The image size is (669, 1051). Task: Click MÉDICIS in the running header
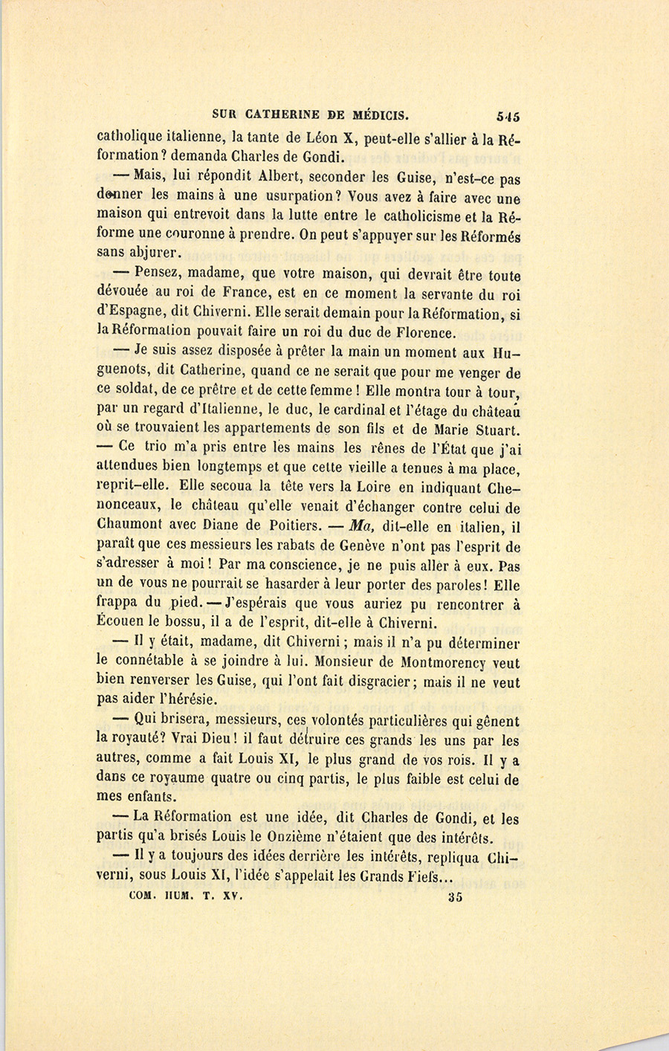pos(377,115)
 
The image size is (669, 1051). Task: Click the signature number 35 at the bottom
pos(456,897)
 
